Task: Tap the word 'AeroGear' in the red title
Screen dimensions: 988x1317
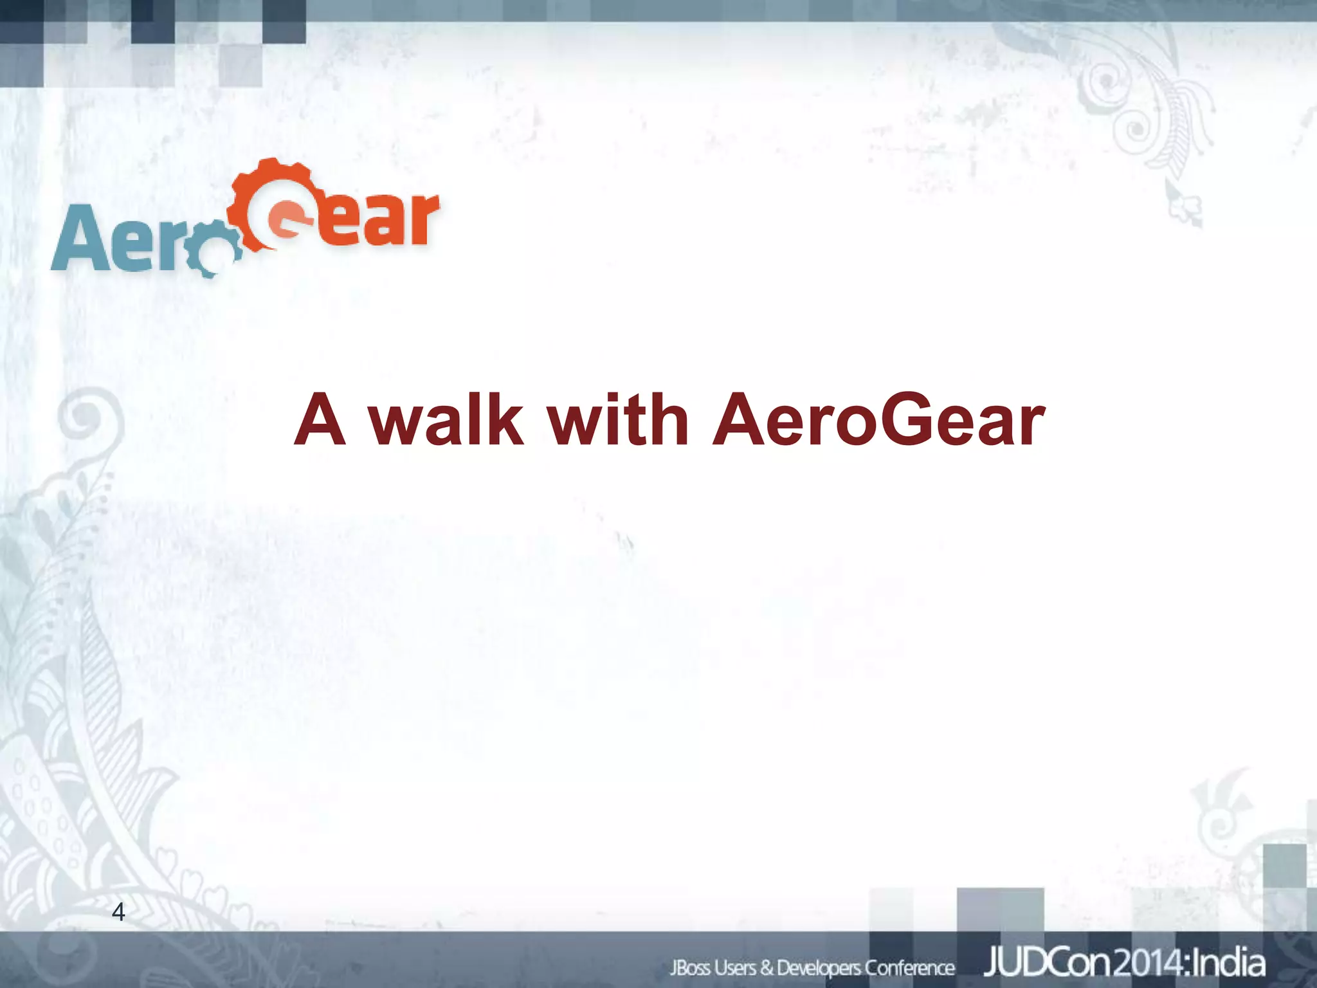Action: point(878,421)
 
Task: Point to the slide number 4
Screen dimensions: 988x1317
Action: point(118,911)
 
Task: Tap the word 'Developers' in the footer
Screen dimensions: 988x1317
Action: point(818,967)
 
